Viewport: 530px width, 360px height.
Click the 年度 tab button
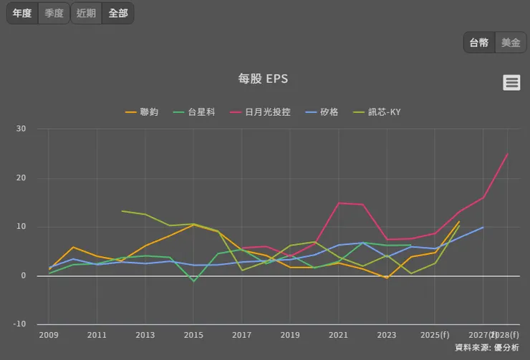coord(22,13)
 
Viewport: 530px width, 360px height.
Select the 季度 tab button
coord(54,13)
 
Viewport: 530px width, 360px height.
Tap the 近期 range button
coord(86,13)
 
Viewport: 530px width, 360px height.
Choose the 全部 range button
coord(117,13)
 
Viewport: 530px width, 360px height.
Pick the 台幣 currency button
coord(479,42)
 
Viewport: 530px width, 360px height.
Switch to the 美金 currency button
coord(511,42)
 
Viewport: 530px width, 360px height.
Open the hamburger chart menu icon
coord(511,82)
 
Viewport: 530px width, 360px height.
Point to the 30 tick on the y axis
coord(21,129)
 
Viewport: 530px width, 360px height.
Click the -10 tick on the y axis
coord(19,324)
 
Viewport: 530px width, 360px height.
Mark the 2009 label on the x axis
coord(49,334)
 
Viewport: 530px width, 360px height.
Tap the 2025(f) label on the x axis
coord(435,334)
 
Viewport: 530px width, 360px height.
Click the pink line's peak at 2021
coord(339,203)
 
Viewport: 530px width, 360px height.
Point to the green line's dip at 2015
coord(193,281)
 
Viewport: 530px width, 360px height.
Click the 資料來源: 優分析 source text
coord(489,347)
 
